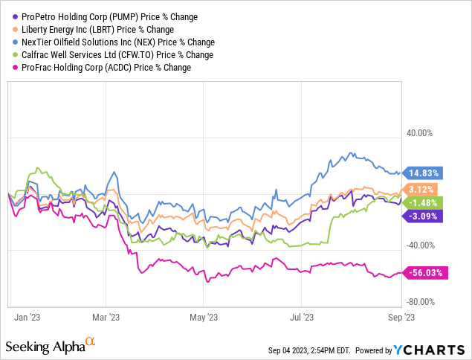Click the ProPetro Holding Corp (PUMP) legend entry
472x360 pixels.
[x=105, y=17]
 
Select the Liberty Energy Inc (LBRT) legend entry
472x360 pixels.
[x=93, y=30]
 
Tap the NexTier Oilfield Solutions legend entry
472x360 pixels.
[x=114, y=42]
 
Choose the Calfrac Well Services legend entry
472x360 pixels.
[x=113, y=55]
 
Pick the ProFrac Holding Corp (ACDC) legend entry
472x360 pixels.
[x=102, y=68]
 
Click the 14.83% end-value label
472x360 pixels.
[x=422, y=173]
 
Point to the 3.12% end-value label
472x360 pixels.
[x=420, y=190]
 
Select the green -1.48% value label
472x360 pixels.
[x=422, y=203]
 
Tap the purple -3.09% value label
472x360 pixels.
[x=422, y=216]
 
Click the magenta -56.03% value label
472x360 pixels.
[x=425, y=273]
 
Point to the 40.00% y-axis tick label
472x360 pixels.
[x=419, y=133]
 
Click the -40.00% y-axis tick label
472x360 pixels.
[x=421, y=245]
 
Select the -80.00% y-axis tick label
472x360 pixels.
[x=421, y=302]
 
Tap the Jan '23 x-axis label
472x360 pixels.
[x=27, y=317]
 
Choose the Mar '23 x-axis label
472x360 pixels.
[x=106, y=317]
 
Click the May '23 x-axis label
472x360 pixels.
[x=204, y=317]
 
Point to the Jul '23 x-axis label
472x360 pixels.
[x=302, y=317]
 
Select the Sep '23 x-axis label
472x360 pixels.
[x=401, y=317]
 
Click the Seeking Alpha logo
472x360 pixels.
[x=51, y=346]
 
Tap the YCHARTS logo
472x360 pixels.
[x=429, y=350]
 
